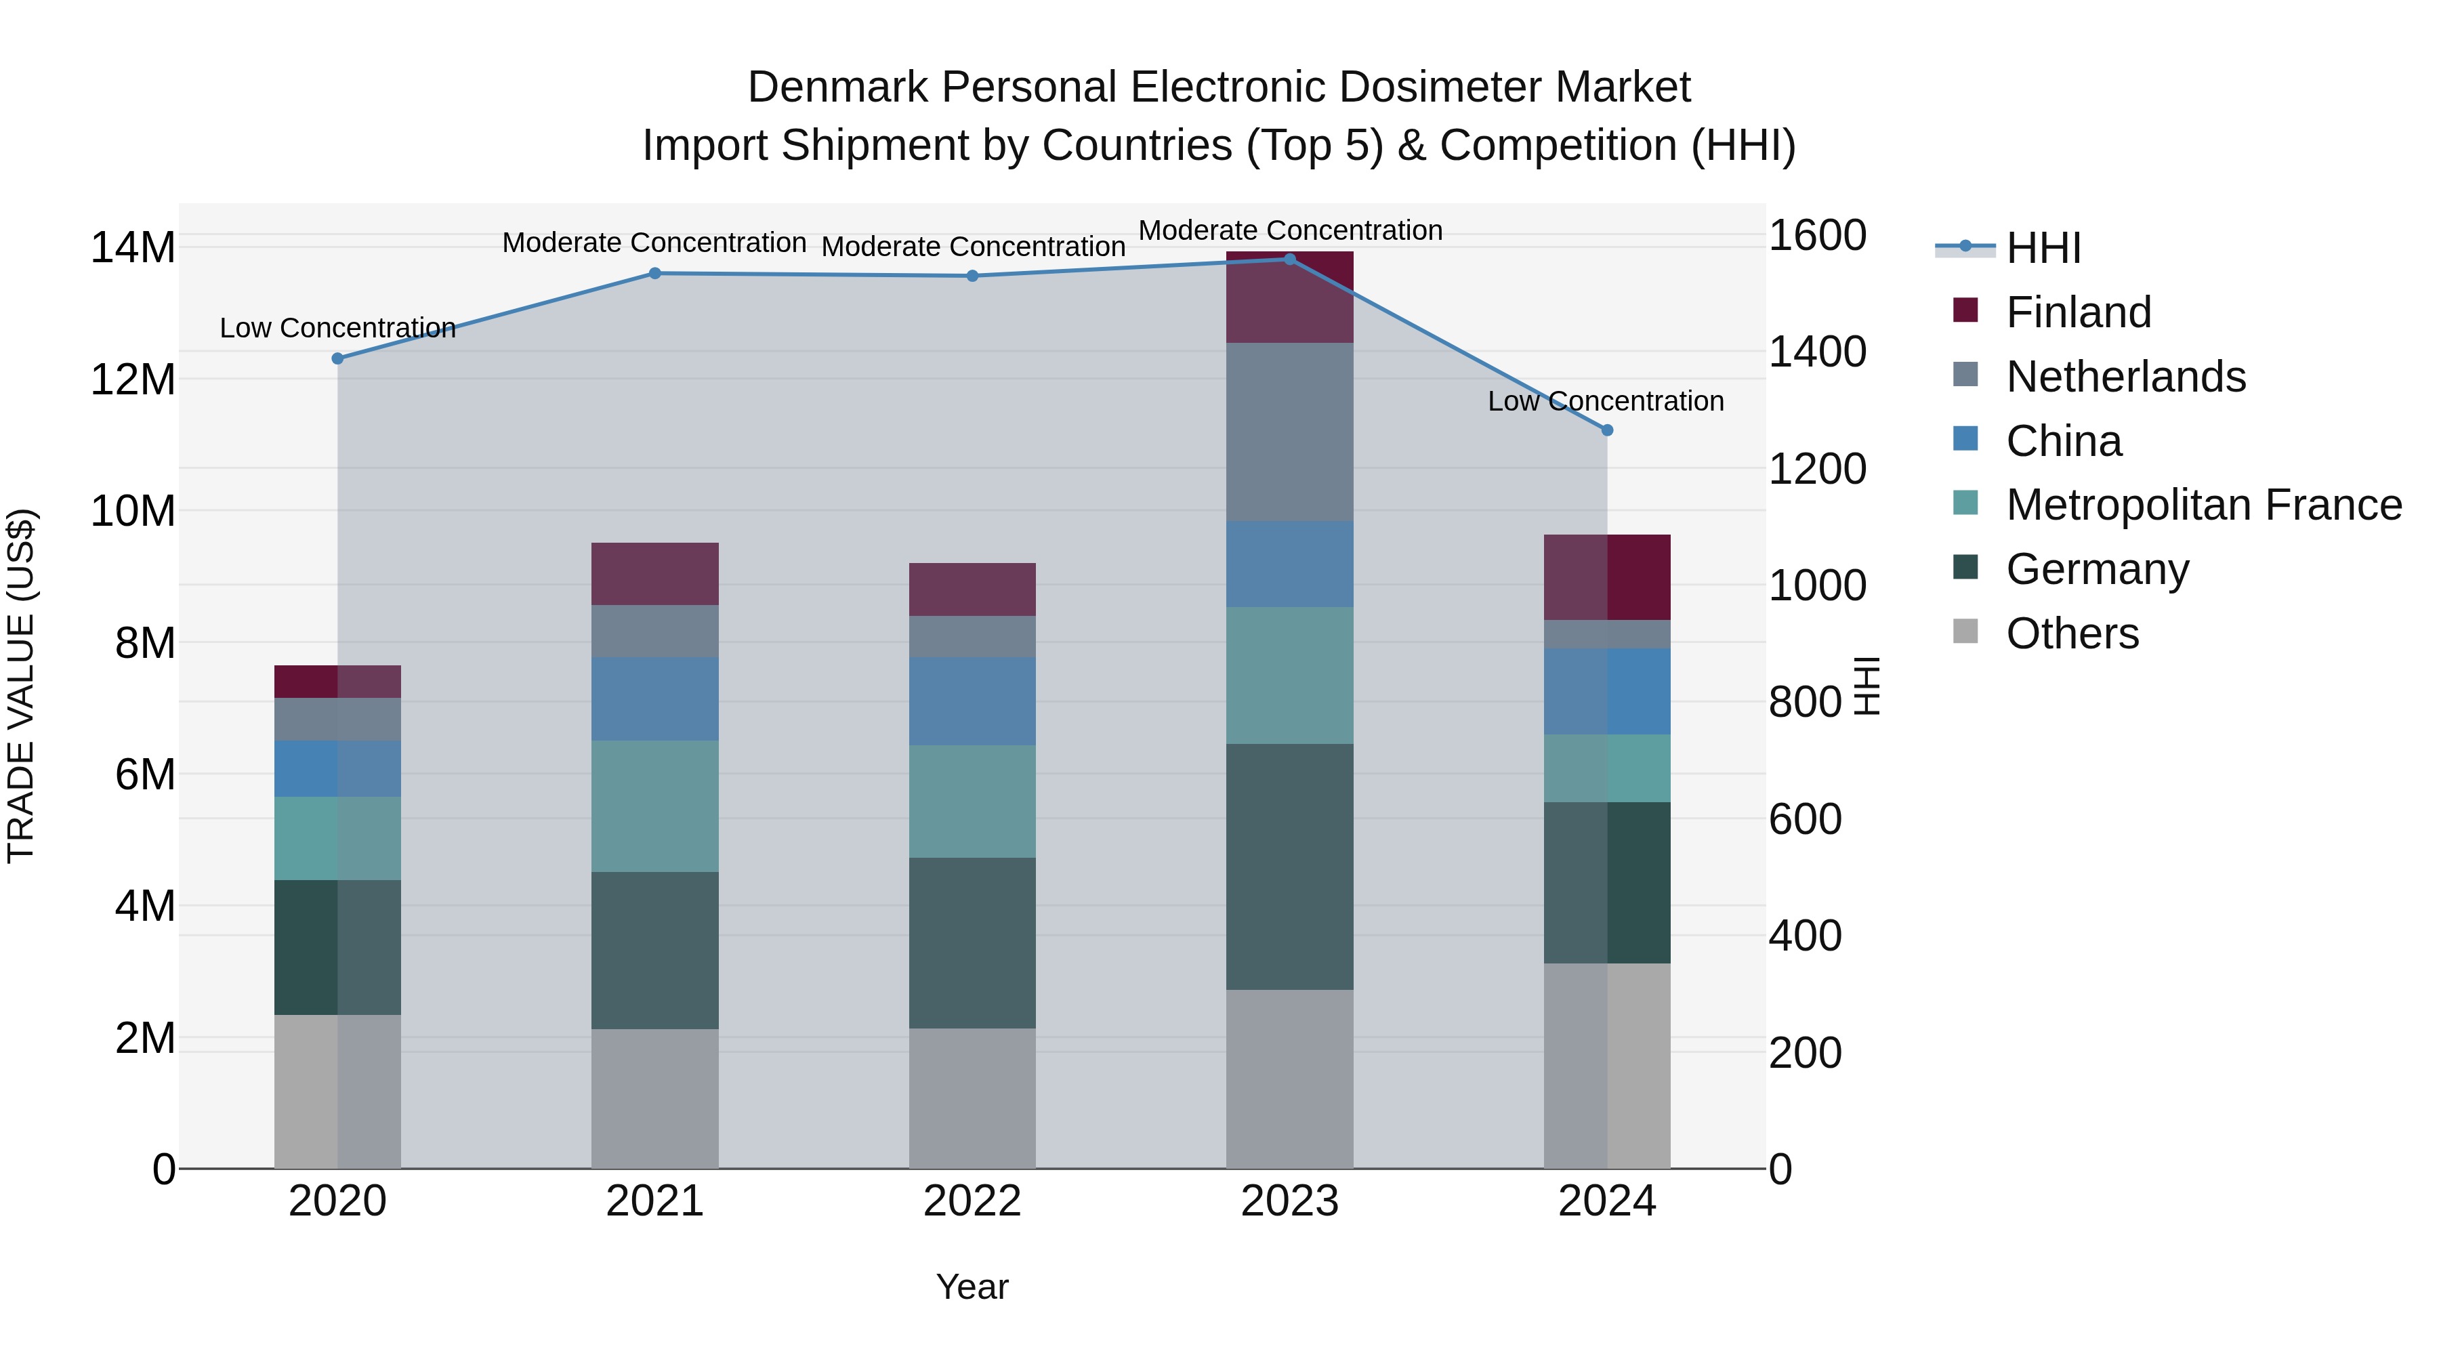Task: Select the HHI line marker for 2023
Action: point(1289,259)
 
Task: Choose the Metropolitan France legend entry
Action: point(2203,505)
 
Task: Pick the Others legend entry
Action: point(2072,633)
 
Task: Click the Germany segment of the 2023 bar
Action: point(1289,867)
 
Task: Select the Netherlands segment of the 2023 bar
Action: point(1289,432)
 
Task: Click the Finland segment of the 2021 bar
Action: point(654,574)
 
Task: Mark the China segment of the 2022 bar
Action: point(972,702)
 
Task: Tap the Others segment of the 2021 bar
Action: point(654,1098)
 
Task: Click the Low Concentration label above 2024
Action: point(1605,402)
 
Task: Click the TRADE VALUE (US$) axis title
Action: point(21,686)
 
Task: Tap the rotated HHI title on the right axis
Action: point(1865,686)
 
